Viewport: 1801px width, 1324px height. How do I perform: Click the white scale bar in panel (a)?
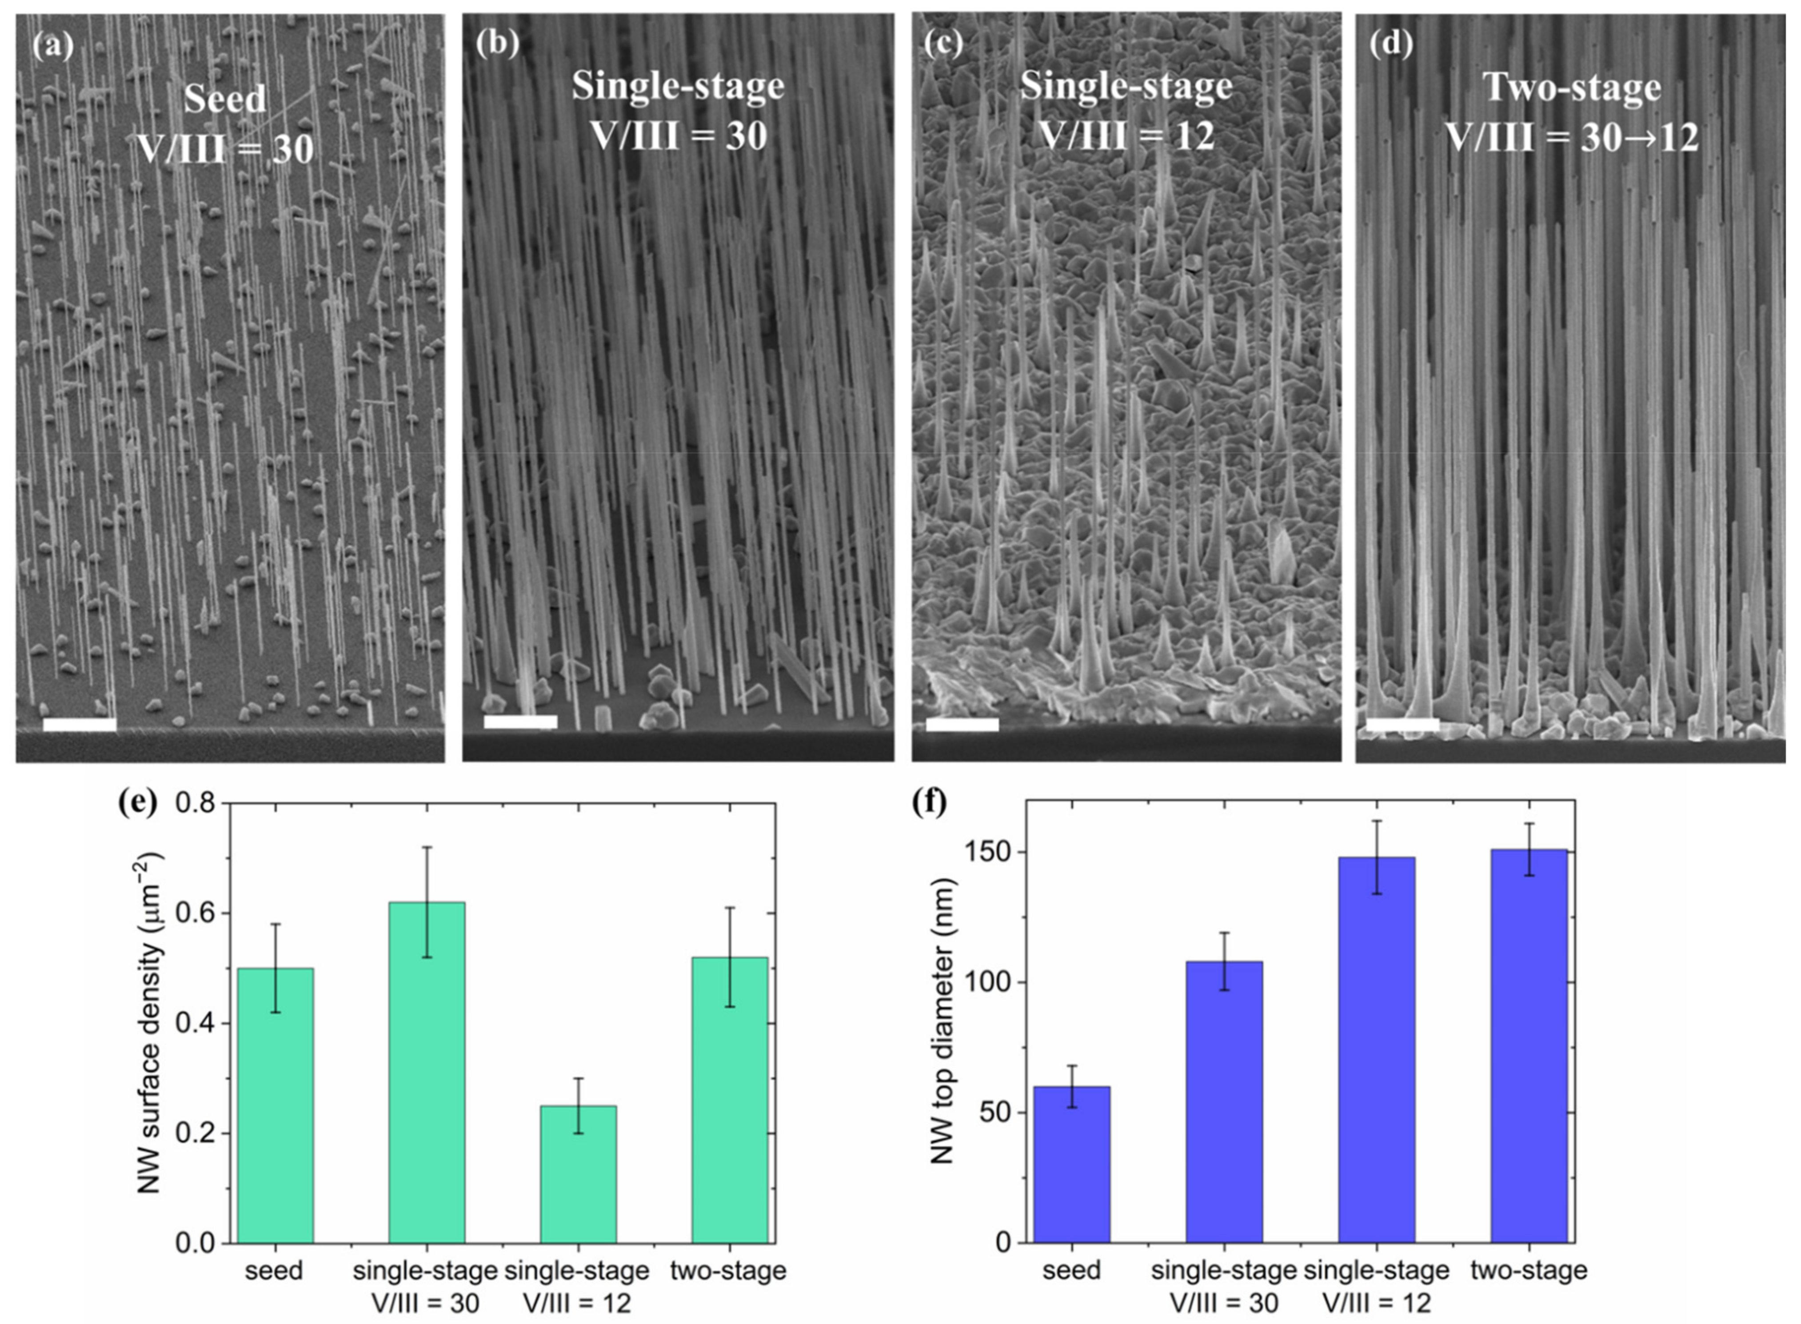tap(80, 725)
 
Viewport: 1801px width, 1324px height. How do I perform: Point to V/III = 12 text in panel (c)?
tap(1126, 136)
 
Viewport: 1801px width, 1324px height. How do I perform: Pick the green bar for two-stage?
tap(729, 1100)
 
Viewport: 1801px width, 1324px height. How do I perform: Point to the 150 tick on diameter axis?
tap(991, 852)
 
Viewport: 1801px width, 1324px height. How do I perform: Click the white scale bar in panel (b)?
tap(520, 722)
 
